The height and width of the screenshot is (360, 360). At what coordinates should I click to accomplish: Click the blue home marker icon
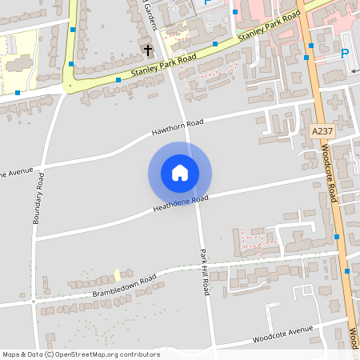tap(180, 173)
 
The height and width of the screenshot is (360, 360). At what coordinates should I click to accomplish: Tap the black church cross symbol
tap(147, 50)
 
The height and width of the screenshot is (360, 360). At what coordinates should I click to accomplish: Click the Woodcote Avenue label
tap(282, 332)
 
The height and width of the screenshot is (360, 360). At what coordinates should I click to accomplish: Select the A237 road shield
tap(322, 130)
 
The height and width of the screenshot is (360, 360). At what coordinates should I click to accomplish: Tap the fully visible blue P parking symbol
tap(346, 53)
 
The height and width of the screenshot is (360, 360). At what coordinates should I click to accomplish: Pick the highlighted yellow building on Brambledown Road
tap(118, 274)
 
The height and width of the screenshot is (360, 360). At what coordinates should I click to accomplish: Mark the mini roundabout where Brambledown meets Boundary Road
tap(34, 301)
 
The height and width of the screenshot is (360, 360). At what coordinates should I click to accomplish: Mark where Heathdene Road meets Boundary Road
tap(35, 238)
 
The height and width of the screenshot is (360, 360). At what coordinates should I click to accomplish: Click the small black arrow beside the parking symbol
tap(354, 70)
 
